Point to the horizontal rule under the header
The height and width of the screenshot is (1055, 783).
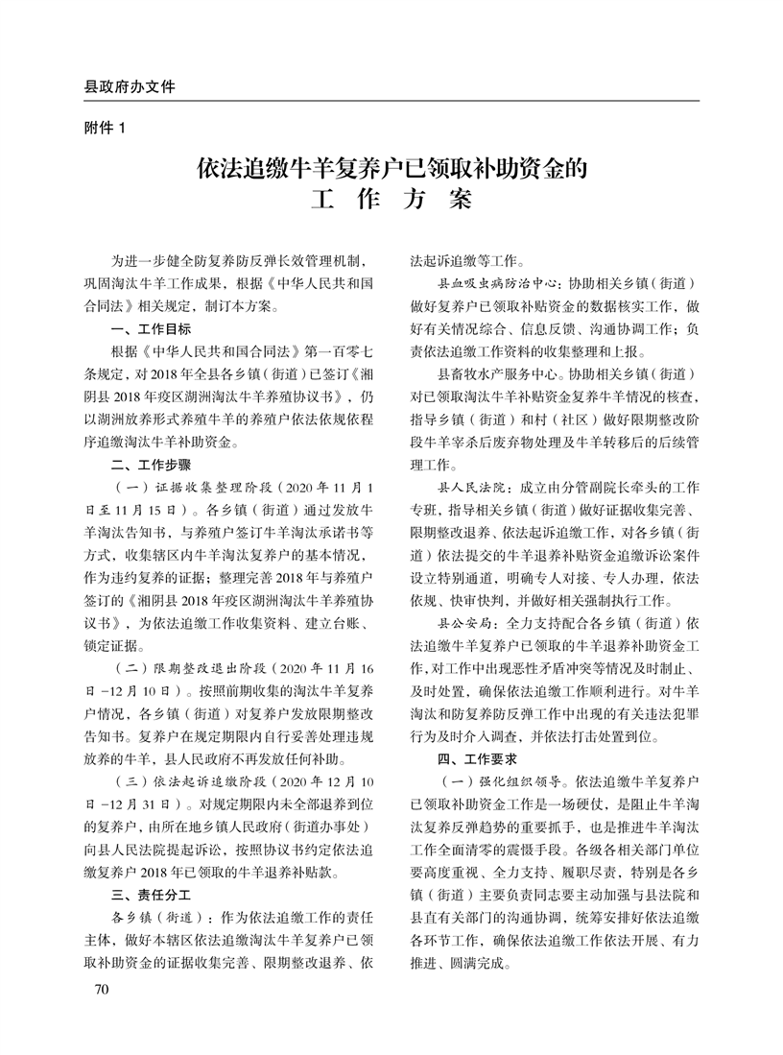pyautogui.click(x=391, y=101)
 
